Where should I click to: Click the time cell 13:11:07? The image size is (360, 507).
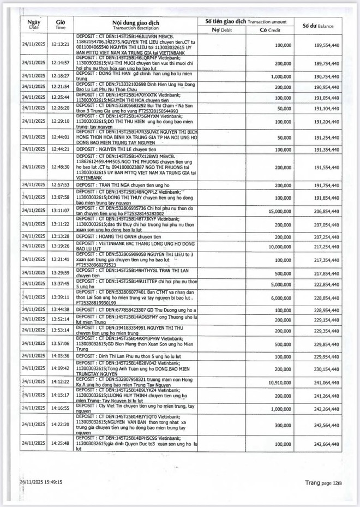tap(61, 210)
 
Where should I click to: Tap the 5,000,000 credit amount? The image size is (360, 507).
tap(278, 284)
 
